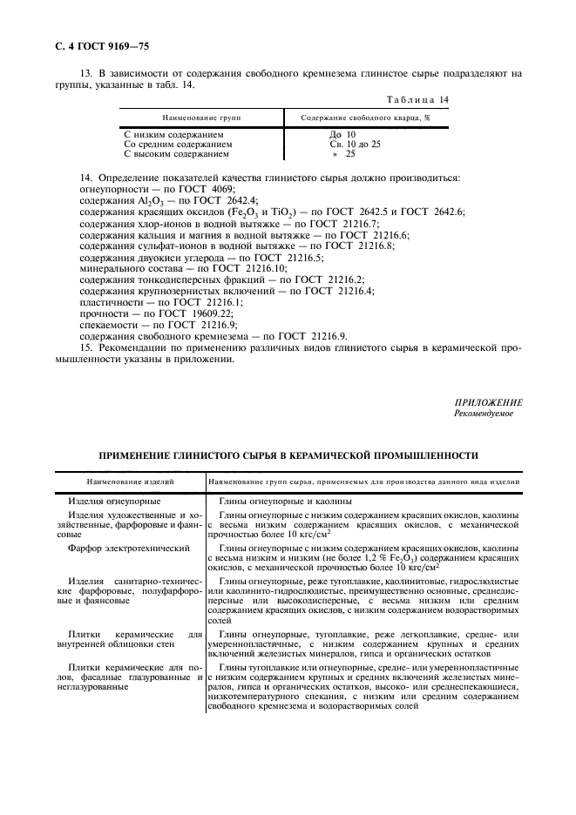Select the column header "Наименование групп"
point(201,116)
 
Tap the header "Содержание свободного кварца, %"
point(365,116)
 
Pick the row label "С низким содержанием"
point(173,134)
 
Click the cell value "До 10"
point(342,134)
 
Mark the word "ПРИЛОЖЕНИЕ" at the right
point(488,402)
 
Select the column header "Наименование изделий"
point(129,481)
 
